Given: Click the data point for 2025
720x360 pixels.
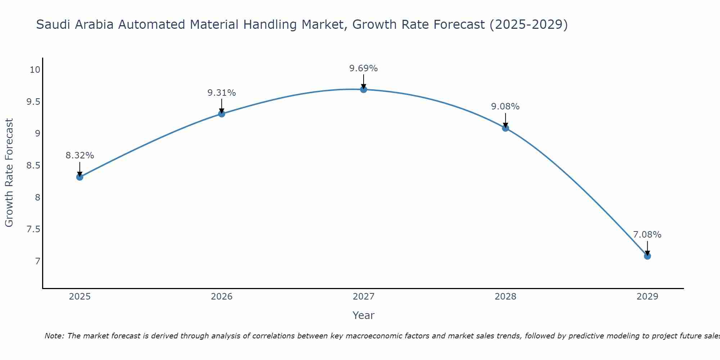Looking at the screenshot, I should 80,177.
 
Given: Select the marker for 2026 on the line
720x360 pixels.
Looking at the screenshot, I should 222,114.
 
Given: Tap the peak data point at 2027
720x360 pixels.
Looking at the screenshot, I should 364,89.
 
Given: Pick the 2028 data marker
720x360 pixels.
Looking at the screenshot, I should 505,128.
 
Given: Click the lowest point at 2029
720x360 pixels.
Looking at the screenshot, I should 647,256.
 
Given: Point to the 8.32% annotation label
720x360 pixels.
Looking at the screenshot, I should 80,156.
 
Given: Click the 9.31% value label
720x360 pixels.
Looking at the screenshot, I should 222,93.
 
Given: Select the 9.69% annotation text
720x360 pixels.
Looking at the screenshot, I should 364,68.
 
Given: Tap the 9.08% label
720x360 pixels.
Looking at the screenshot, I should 505,107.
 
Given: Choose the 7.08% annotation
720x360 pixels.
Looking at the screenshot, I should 647,235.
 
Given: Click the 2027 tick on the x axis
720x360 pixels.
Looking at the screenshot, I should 364,297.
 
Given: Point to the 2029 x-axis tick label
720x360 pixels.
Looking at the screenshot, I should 647,297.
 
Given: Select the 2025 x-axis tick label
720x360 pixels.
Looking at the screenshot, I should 80,297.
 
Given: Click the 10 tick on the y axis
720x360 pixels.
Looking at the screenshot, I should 35,70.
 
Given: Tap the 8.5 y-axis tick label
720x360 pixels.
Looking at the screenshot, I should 33,166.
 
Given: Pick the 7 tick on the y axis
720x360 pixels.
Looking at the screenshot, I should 38,261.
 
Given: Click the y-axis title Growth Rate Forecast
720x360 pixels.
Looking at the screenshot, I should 9,172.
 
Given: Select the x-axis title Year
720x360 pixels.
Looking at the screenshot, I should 364,315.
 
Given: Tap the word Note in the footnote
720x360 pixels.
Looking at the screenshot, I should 54,336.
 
